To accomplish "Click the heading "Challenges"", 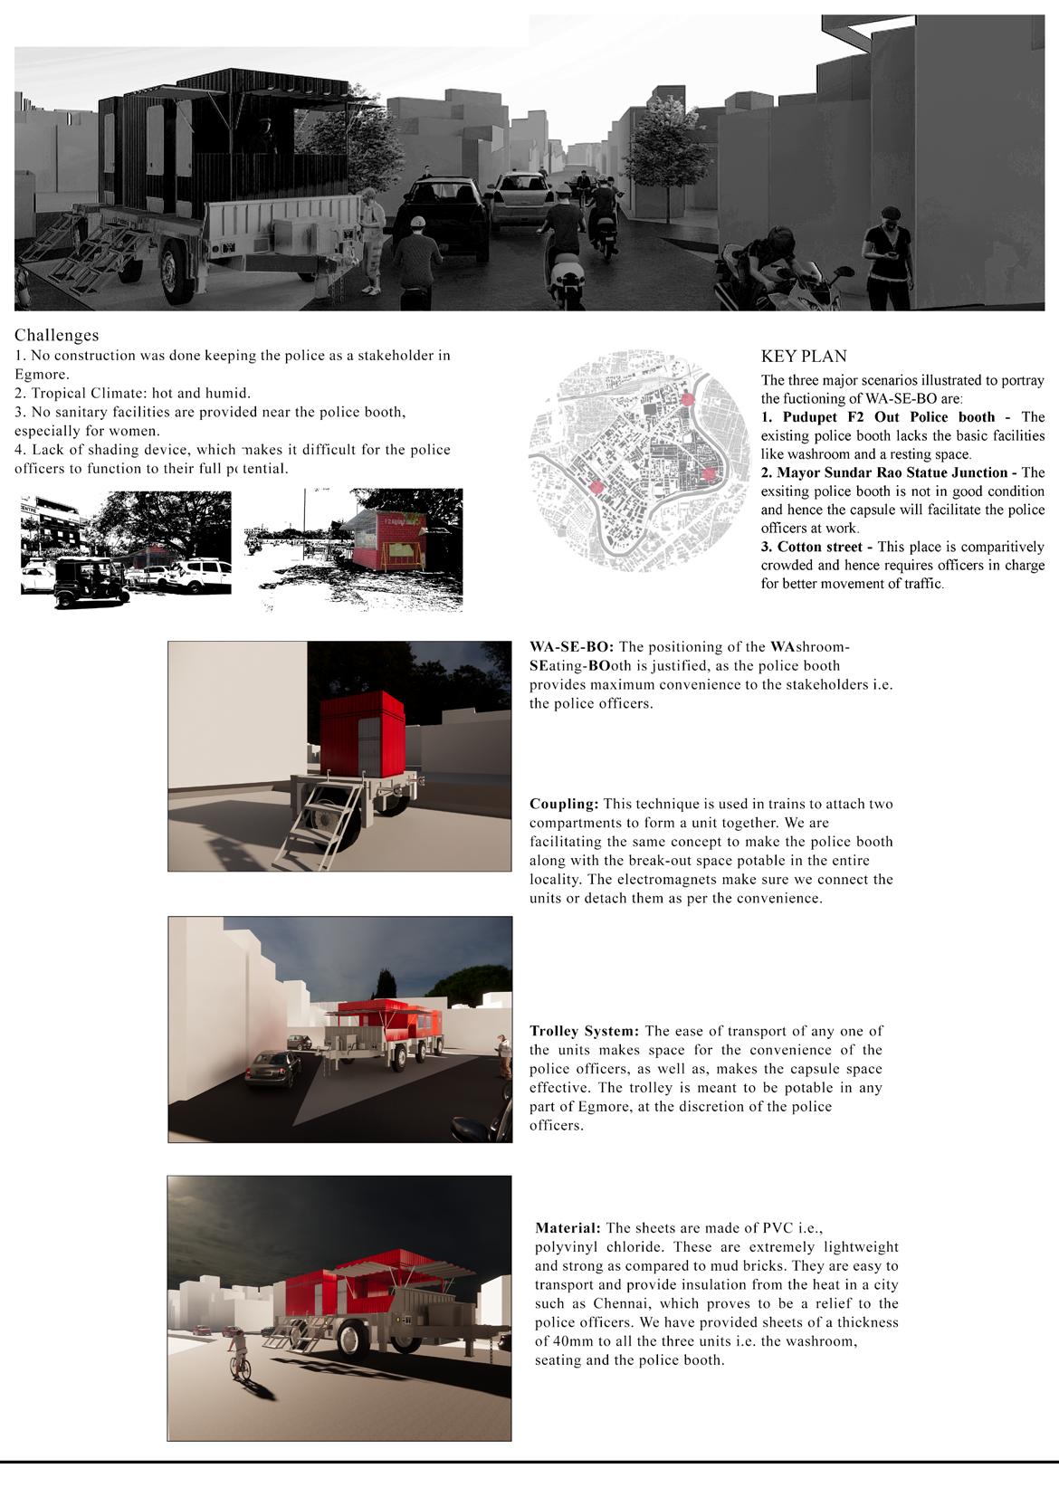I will click(x=56, y=336).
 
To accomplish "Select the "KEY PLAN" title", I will click(x=804, y=357).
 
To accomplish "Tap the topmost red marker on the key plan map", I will click(x=687, y=399).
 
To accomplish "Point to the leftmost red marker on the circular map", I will click(x=596, y=487).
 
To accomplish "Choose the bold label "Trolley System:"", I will click(x=585, y=1031).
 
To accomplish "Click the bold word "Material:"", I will click(x=568, y=1228).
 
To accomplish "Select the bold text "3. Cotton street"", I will click(x=811, y=547).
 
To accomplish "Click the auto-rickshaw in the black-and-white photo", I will click(x=88, y=580).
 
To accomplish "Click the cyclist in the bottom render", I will click(x=240, y=1354).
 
